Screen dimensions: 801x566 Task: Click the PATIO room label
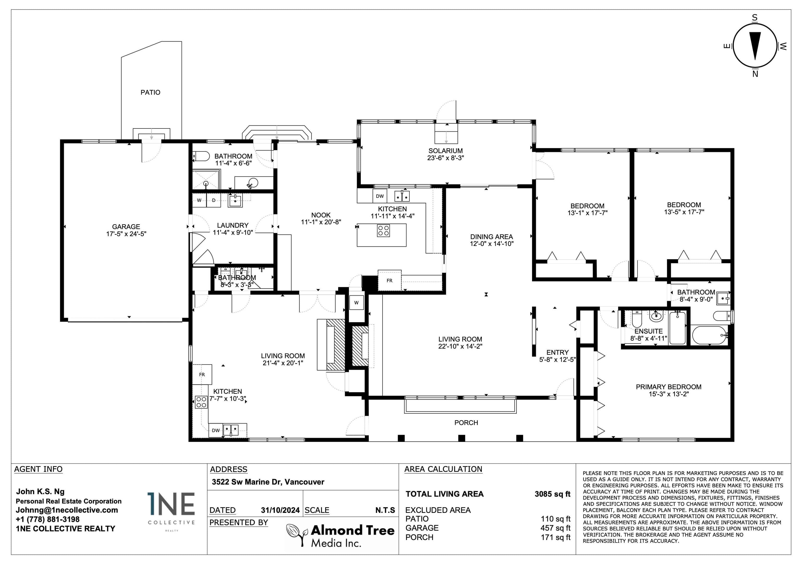tap(150, 93)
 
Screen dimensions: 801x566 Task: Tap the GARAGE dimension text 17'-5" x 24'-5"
tap(126, 234)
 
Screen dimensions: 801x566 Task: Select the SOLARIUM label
tap(446, 151)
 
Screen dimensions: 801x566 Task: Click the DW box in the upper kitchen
tap(380, 196)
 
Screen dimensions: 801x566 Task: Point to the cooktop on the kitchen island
tap(383, 231)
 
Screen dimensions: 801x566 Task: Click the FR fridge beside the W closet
tap(389, 280)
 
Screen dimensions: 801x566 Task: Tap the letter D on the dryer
tap(214, 200)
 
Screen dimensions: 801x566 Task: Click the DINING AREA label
tap(491, 237)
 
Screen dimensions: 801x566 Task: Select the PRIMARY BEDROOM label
tap(669, 387)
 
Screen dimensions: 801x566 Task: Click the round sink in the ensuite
tap(656, 317)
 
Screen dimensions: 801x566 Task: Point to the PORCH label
tap(466, 423)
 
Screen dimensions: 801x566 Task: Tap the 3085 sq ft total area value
tap(552, 494)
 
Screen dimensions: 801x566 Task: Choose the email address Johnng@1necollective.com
tap(67, 510)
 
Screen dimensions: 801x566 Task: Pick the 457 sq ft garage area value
tap(555, 528)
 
